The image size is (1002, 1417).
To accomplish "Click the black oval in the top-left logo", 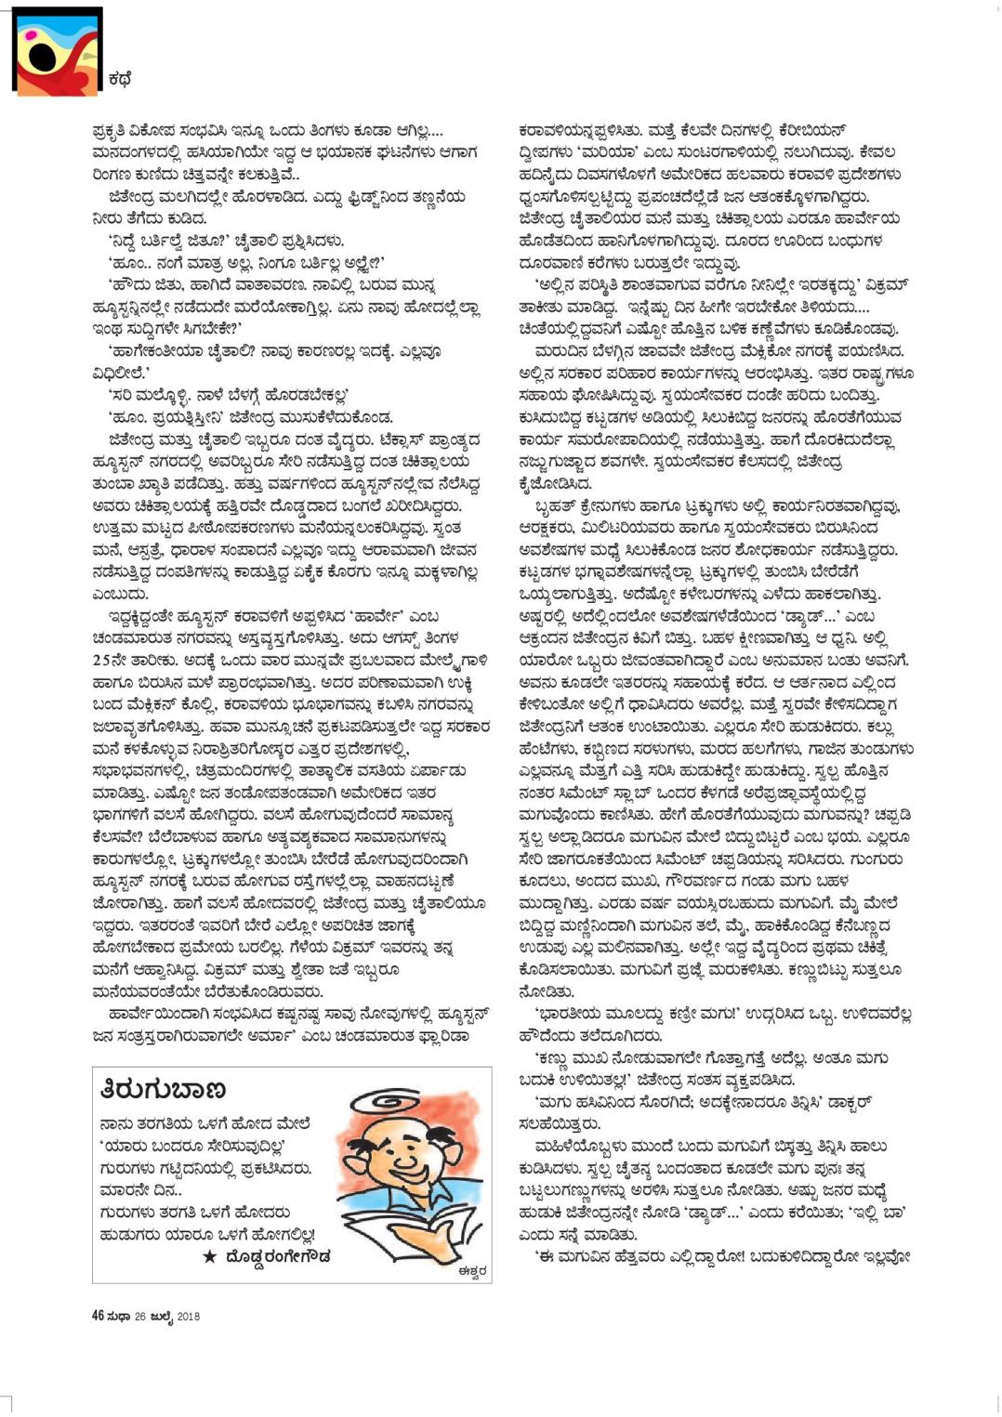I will tap(42, 58).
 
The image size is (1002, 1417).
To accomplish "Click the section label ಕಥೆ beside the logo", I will tap(120, 81).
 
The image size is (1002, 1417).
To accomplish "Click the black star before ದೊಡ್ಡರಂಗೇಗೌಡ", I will tap(209, 1256).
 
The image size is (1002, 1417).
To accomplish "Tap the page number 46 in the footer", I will tap(98, 1316).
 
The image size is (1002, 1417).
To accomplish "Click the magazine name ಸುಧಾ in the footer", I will tap(118, 1316).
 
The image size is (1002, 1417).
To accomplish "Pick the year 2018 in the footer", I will tap(188, 1316).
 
